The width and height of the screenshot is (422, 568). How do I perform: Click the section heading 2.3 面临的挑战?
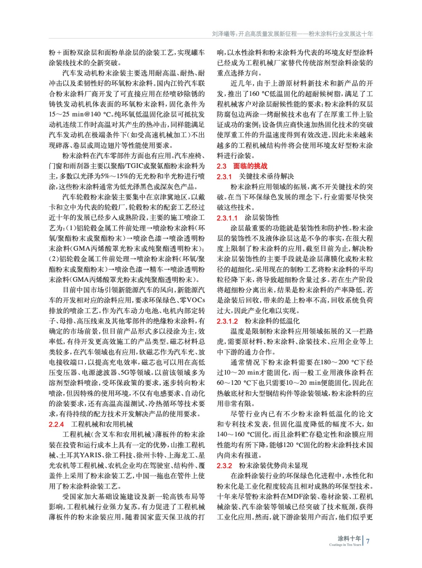click(242, 166)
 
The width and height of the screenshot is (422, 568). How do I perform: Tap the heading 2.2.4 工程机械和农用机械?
click(91, 424)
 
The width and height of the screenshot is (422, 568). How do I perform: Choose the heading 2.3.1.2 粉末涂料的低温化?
click(258, 321)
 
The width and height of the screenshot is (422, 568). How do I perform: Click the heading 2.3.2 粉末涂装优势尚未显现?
click(262, 465)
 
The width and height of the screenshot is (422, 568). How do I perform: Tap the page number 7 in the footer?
click(368, 541)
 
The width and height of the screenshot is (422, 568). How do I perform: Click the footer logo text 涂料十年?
click(349, 538)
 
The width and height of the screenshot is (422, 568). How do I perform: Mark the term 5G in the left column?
click(125, 372)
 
